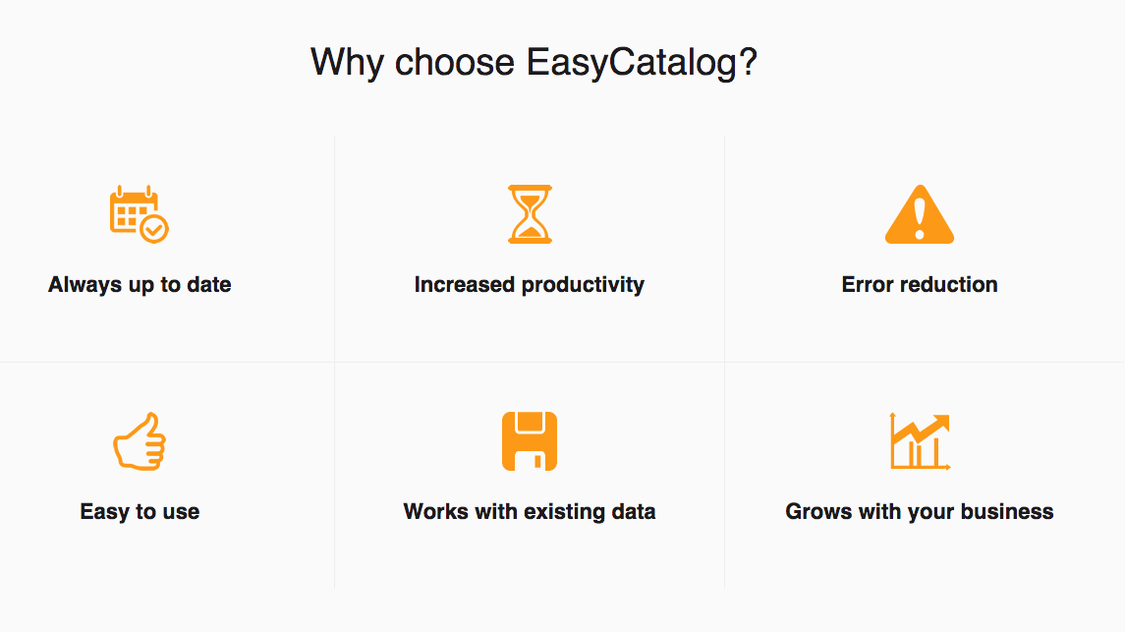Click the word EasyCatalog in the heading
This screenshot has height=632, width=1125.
632,63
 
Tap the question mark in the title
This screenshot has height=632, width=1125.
749,62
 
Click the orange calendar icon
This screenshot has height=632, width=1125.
139,213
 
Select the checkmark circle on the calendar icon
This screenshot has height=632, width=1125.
154,229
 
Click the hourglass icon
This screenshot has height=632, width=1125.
531,213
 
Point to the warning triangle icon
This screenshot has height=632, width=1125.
920,214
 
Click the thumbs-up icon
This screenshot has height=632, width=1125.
140,441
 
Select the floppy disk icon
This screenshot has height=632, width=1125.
530,441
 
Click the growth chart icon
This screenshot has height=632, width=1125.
920,441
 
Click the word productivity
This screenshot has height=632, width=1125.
583,285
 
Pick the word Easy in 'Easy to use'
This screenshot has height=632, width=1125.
105,512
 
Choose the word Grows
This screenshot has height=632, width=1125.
816,511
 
